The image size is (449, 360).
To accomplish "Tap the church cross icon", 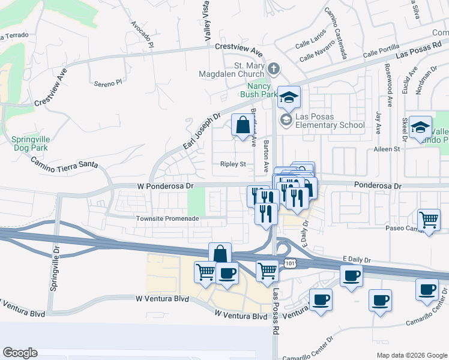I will [274, 68].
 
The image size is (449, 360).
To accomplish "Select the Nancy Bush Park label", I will [259, 90].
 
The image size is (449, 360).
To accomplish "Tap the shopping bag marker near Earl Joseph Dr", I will [243, 126].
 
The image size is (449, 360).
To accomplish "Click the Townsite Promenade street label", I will [167, 219].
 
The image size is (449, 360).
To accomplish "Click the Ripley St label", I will [234, 164].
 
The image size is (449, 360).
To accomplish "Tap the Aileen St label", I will [387, 149].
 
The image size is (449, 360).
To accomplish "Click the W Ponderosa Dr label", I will [164, 186].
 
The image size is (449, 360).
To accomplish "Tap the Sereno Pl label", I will [108, 83].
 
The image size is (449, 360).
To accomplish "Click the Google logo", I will [20, 353].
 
